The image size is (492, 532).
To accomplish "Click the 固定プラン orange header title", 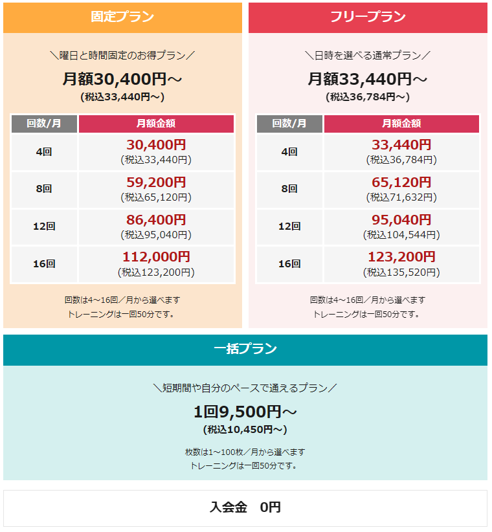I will [122, 17].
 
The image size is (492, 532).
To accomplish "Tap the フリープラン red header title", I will [368, 17].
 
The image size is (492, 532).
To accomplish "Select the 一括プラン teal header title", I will [245, 349].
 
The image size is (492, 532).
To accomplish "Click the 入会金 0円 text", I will [245, 507].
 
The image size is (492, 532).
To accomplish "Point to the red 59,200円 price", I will [156, 183].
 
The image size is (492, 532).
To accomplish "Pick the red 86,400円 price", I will [156, 220].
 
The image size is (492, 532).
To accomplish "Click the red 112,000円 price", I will [156, 258].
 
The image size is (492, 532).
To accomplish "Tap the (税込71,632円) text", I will [401, 197].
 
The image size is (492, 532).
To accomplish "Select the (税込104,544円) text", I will [401, 234].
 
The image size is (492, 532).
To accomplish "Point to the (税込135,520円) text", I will [401, 272].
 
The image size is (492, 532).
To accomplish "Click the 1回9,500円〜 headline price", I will [245, 412].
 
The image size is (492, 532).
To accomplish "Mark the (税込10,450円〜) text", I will [245, 429].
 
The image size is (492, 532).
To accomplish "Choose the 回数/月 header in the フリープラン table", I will [289, 123].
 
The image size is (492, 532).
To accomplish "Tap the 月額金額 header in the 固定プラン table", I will [156, 123].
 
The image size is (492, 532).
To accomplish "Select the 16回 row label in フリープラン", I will [289, 264].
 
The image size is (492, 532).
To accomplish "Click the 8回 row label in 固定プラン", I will [44, 189].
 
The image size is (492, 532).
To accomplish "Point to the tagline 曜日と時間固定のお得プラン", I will [122, 55].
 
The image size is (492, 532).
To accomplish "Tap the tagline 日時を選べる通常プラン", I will [368, 55].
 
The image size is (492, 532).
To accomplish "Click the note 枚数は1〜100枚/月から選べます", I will [245, 452].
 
